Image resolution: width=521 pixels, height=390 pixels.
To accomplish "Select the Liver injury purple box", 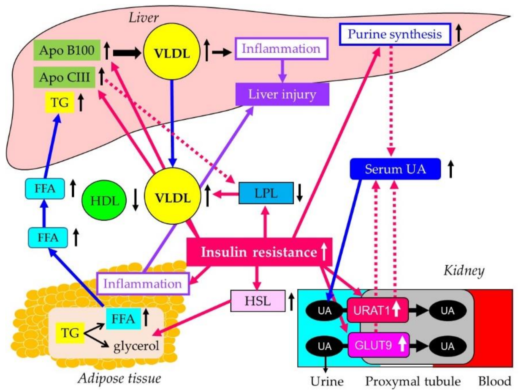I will pyautogui.click(x=282, y=94).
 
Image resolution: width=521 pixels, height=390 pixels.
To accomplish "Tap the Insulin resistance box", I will pyautogui.click(x=258, y=253).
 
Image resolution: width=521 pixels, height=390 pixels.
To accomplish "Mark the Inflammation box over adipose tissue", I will pyautogui.click(x=142, y=283).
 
